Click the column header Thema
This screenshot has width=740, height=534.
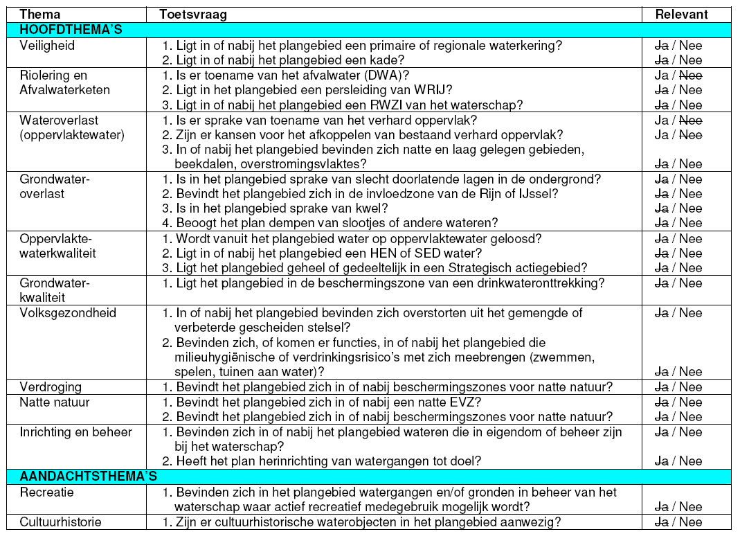(x=39, y=15)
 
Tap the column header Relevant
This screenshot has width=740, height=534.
(x=681, y=15)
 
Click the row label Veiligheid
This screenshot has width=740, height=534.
(x=47, y=45)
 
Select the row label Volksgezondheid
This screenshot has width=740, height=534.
(x=68, y=313)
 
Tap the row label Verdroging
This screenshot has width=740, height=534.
(x=50, y=387)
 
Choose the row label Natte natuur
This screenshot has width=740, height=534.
(x=55, y=402)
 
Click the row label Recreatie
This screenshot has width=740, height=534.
(x=47, y=492)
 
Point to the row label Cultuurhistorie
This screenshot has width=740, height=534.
(x=60, y=522)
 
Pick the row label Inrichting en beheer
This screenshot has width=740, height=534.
(x=75, y=432)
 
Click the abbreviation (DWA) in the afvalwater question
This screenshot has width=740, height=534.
(x=388, y=75)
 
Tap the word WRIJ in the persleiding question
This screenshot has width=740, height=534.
(x=435, y=90)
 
